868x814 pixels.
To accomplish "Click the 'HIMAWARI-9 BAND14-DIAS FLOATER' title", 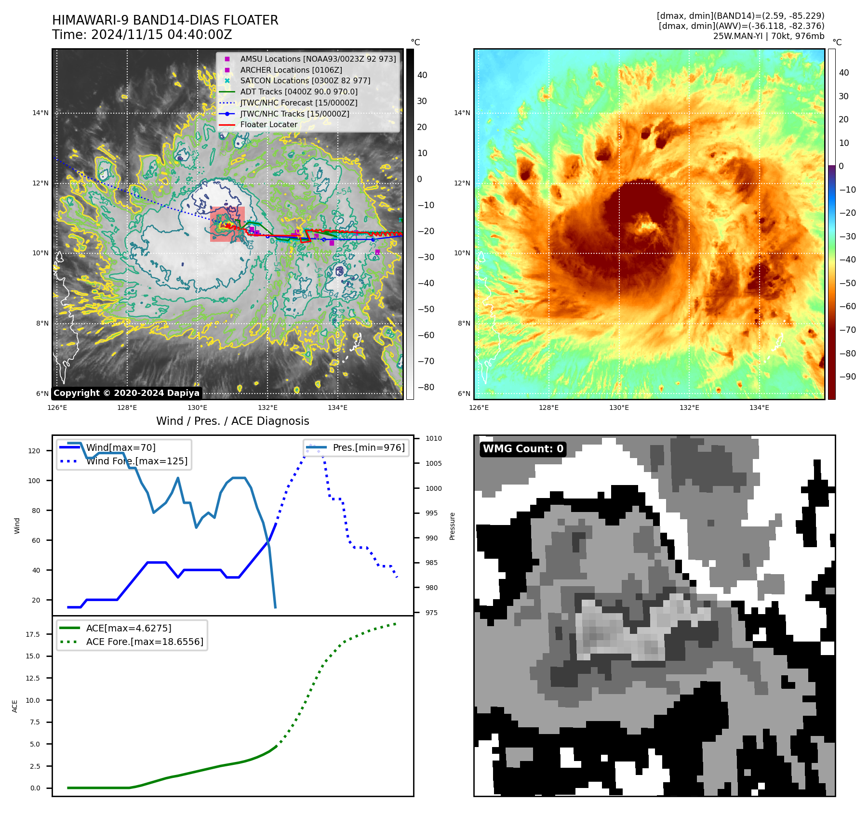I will tap(165, 20).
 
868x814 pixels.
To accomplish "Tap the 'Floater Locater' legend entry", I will tap(268, 124).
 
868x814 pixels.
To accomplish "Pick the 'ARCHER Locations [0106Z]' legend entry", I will tap(291, 70).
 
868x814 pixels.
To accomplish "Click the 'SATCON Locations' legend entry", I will tap(305, 80).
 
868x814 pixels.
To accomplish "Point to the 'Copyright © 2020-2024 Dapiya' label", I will tap(126, 393).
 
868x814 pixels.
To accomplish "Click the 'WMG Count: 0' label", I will tap(523, 449).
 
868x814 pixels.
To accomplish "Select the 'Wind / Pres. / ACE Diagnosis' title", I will tap(232, 421).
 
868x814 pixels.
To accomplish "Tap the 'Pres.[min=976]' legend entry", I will tap(368, 447).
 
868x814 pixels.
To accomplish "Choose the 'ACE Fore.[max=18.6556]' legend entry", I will tap(144, 642).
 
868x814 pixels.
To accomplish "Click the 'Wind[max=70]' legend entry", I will tap(120, 447).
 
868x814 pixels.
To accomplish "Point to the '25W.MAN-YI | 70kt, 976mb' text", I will tap(768, 36).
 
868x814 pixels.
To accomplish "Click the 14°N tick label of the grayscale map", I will tap(40, 113).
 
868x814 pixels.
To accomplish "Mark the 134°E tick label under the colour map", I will tap(759, 407).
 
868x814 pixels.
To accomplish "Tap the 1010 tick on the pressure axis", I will tap(433, 438).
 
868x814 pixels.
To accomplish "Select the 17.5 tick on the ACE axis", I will tap(33, 634).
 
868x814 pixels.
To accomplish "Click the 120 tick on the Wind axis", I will tap(34, 451).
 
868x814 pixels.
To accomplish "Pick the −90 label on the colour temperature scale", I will tap(847, 377).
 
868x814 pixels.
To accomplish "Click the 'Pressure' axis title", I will tap(452, 526).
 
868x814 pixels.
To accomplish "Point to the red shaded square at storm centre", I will tap(227, 224).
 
